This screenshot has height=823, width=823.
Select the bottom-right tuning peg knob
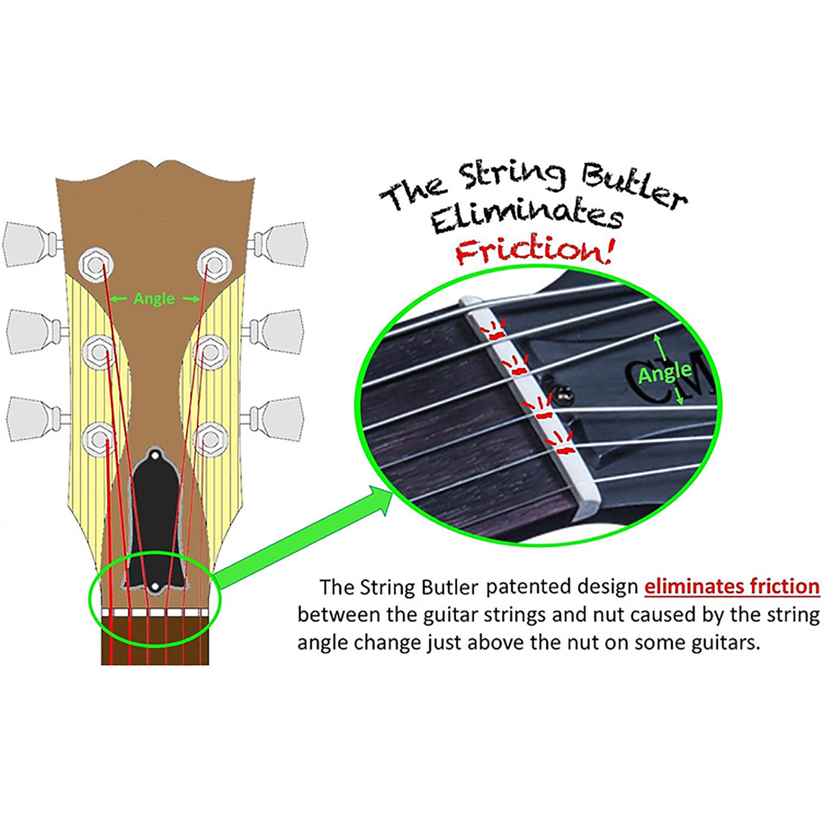click(280, 419)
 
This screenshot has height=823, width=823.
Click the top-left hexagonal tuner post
click(96, 265)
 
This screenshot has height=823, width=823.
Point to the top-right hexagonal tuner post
click(214, 265)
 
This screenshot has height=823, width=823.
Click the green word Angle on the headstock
click(154, 299)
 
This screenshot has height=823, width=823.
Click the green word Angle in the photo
click(665, 373)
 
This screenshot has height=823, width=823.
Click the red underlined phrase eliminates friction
click(731, 587)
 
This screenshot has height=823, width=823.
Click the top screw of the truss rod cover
click(155, 456)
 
